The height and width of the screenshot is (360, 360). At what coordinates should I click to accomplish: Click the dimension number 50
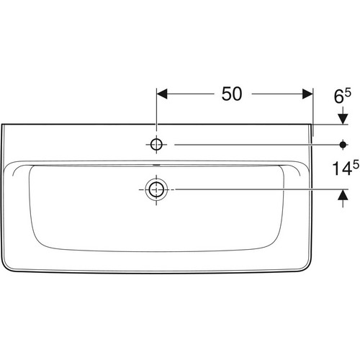click(232, 94)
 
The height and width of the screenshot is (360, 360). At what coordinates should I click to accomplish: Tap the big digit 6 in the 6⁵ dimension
click(338, 96)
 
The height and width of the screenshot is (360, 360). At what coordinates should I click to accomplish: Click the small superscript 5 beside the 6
click(348, 92)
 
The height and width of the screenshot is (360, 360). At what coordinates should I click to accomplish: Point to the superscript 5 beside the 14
click(356, 164)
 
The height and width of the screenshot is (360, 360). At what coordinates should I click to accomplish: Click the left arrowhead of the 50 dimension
click(162, 94)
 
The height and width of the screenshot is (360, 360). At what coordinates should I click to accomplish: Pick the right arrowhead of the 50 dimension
click(307, 94)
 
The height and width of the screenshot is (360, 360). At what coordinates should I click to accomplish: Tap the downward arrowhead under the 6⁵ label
click(343, 119)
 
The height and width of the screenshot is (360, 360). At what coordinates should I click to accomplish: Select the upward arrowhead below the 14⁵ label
click(343, 194)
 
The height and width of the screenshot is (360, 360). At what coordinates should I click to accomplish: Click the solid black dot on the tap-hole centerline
click(343, 145)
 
